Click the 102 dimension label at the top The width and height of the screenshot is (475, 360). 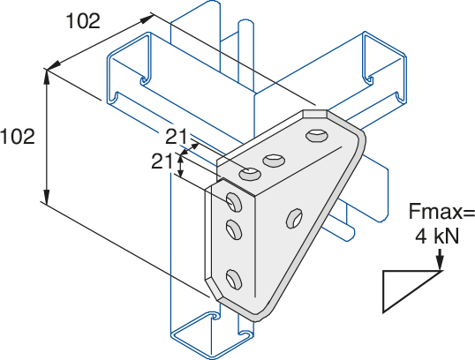pyautogui.click(x=83, y=21)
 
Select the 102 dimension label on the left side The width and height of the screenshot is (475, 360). pyautogui.click(x=18, y=136)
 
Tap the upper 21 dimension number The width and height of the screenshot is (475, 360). pyautogui.click(x=176, y=137)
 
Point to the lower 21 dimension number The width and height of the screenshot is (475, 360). pyautogui.click(x=162, y=161)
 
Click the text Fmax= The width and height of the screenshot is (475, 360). pyautogui.click(x=441, y=211)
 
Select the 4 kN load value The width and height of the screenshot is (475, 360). pyautogui.click(x=437, y=236)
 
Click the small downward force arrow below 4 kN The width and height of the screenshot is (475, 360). pyautogui.click(x=440, y=259)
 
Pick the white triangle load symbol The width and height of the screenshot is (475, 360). pyautogui.click(x=411, y=291)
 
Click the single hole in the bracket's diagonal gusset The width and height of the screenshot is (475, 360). pyautogui.click(x=294, y=218)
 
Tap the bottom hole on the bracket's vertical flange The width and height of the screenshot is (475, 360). pyautogui.click(x=234, y=278)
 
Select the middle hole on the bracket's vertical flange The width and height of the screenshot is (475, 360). pyautogui.click(x=234, y=229)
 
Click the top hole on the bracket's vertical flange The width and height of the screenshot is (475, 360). pyautogui.click(x=234, y=202)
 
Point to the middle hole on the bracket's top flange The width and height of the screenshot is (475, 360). pyautogui.click(x=275, y=161)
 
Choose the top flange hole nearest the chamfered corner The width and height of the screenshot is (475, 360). pyautogui.click(x=317, y=135)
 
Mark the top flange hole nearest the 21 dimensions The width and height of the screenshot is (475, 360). pyautogui.click(x=250, y=174)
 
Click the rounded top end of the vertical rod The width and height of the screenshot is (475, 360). pyautogui.click(x=245, y=24)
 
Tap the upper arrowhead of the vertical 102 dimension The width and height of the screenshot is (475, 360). pyautogui.click(x=46, y=76)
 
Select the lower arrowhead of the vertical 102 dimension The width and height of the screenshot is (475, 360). pyautogui.click(x=46, y=197)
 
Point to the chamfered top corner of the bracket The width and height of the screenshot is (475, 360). pyautogui.click(x=315, y=114)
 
